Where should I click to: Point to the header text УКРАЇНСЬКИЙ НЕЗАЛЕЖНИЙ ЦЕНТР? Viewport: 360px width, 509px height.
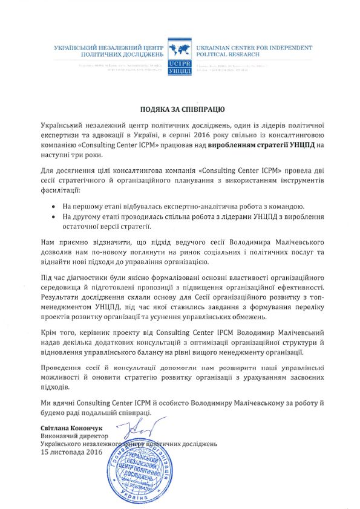[109, 47]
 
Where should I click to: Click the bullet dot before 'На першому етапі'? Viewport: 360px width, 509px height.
[56, 207]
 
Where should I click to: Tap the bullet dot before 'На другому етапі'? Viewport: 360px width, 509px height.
[56, 217]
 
